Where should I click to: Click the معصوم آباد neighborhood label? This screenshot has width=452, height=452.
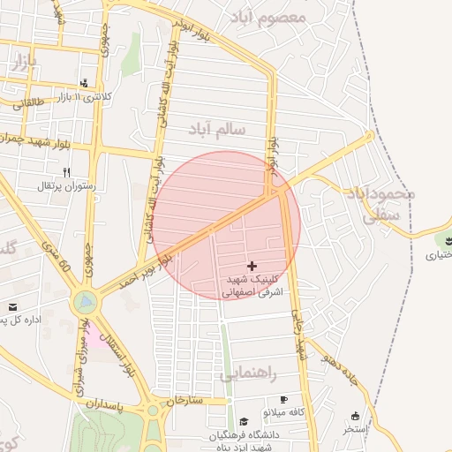pos(268,17)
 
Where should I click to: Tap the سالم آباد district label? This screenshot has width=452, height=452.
pos(229,130)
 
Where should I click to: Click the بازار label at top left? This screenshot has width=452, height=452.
pos(23,62)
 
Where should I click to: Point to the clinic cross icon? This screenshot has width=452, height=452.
pos(253,265)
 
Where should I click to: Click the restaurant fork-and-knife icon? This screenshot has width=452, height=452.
pos(66,172)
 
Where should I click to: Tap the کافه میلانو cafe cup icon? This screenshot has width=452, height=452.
pos(283,399)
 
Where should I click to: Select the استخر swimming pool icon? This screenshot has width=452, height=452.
pos(355,416)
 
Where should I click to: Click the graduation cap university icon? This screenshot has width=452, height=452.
pos(244,423)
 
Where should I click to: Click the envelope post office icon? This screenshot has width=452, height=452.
pos(13,306)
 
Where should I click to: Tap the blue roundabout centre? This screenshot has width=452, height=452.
pos(85,303)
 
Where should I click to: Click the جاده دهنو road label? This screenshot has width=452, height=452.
pos(340,371)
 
